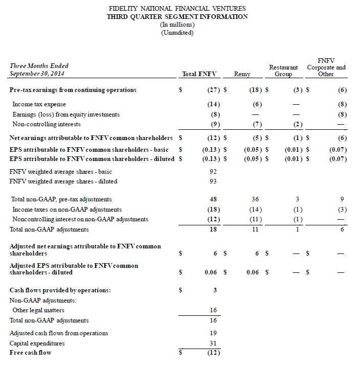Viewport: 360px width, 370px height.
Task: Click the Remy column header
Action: click(x=242, y=74)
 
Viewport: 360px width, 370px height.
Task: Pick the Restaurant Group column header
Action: click(x=283, y=71)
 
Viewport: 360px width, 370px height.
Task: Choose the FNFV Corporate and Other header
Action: click(x=326, y=67)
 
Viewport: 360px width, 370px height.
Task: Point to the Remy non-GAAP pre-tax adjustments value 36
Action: click(x=255, y=199)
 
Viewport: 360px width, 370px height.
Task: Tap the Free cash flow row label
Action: click(x=31, y=352)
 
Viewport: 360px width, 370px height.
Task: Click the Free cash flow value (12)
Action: click(x=211, y=352)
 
